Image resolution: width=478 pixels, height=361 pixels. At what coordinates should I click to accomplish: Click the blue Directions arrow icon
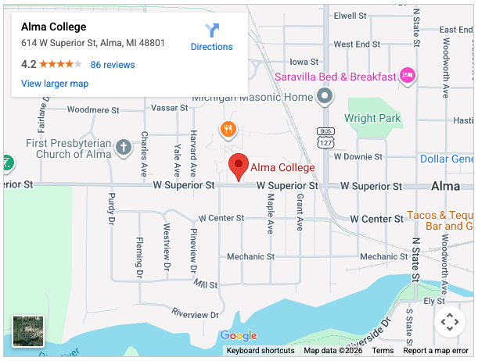(212, 30)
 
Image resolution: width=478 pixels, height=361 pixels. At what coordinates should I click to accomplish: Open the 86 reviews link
(113, 65)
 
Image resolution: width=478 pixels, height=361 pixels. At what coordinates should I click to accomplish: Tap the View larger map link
(55, 84)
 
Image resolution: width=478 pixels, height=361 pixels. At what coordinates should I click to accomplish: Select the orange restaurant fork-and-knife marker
(228, 129)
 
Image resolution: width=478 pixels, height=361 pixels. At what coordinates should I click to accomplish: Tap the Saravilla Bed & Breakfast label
(334, 77)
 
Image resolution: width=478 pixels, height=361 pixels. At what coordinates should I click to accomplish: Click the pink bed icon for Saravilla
(406, 75)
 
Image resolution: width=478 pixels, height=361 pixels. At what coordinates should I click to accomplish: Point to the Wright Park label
(372, 119)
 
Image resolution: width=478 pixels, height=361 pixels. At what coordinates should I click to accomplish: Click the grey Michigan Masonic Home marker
(325, 96)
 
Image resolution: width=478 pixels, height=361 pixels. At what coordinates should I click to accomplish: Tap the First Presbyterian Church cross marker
(123, 146)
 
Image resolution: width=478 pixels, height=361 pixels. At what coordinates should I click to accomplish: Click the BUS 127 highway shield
(325, 137)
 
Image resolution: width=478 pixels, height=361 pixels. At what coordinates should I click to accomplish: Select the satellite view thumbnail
(28, 331)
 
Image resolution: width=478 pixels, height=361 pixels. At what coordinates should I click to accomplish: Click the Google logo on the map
(239, 336)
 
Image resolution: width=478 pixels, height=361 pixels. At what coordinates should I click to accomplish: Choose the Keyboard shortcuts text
(261, 351)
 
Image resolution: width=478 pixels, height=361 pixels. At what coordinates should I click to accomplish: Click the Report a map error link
(436, 351)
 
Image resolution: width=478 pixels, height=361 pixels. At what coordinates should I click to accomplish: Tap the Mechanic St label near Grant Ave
(250, 256)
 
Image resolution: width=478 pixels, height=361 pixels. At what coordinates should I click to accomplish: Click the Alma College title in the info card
(53, 27)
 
